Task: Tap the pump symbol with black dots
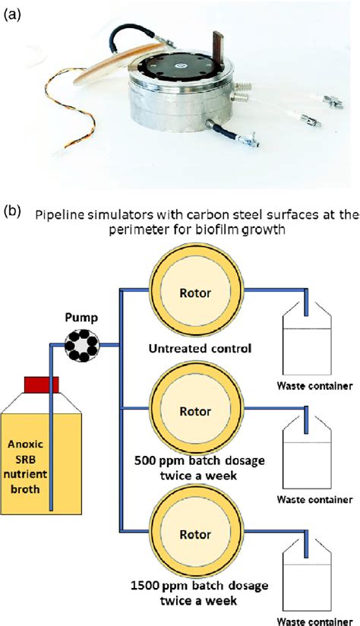coord(81,345)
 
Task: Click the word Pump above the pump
coord(81,318)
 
